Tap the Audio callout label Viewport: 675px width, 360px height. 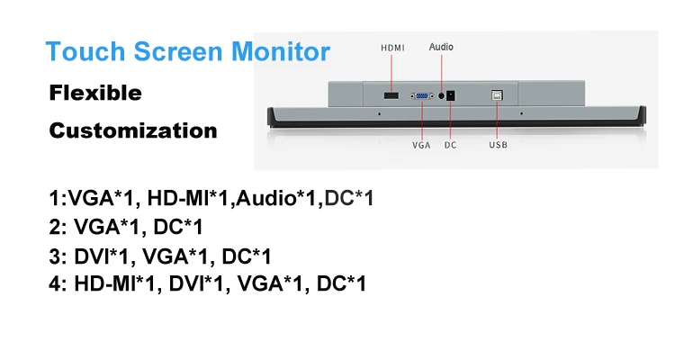[x=441, y=46]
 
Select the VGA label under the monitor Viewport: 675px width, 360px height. [x=421, y=145]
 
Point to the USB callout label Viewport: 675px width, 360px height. [x=498, y=145]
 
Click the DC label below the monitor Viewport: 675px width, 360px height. [x=451, y=145]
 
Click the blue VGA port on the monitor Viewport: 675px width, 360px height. [x=421, y=94]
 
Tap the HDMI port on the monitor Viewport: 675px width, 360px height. [x=391, y=94]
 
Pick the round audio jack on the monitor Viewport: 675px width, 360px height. [x=440, y=94]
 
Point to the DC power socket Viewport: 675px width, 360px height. [x=453, y=94]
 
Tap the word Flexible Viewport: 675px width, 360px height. [x=94, y=93]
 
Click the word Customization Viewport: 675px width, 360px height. [x=132, y=130]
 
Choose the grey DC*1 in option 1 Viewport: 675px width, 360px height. [x=348, y=198]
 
